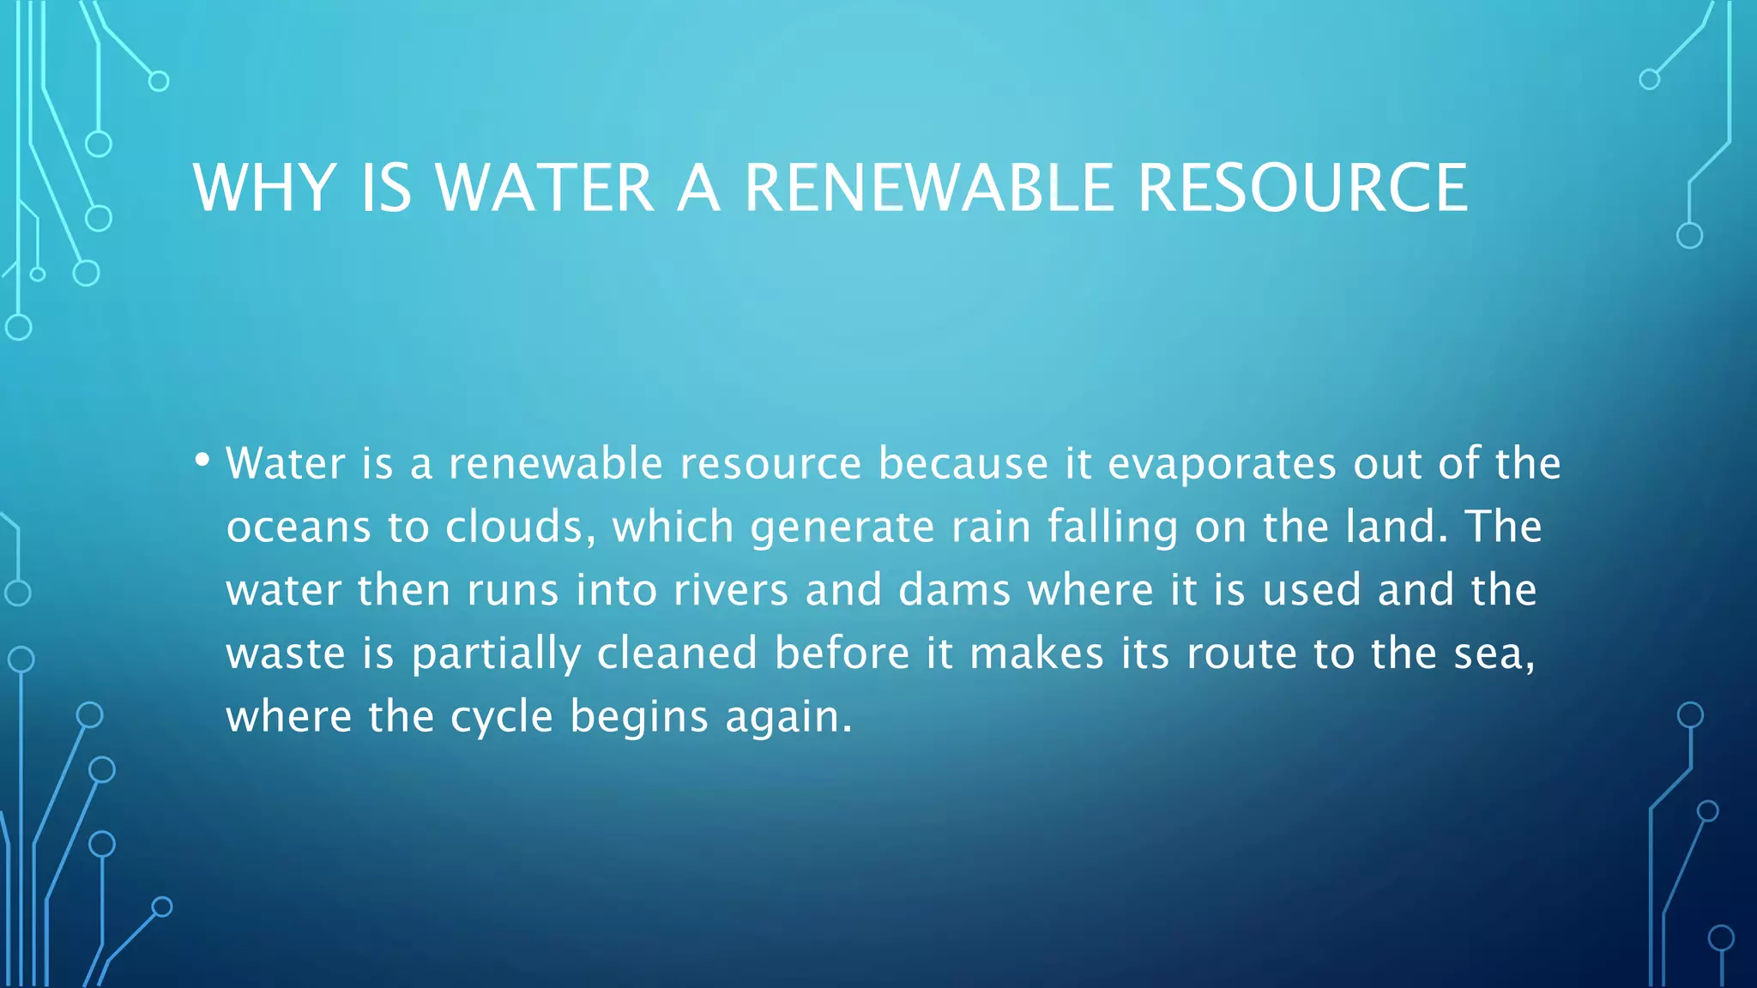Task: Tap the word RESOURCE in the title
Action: (1302, 188)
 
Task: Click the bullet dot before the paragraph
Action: (202, 461)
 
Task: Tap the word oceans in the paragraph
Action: (299, 527)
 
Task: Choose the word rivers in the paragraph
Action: (730, 590)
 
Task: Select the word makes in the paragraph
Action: (1036, 654)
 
